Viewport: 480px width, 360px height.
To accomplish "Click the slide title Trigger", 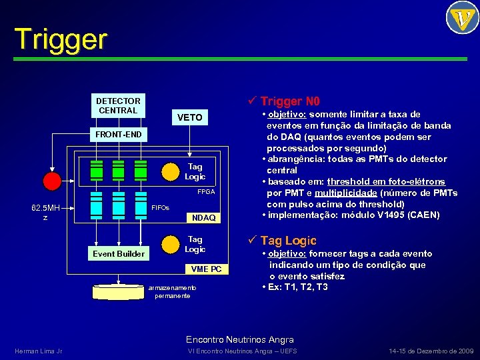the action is (x=60, y=39).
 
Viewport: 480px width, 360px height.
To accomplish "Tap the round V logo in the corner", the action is (x=462, y=18).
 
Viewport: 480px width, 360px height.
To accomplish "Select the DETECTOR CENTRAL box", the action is (x=118, y=105).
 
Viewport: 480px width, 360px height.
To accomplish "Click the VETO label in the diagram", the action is (x=190, y=117).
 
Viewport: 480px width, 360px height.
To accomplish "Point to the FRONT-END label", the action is (x=118, y=135).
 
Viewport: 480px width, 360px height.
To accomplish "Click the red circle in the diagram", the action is (x=51, y=180).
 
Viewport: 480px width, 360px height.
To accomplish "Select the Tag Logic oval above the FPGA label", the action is (x=195, y=171).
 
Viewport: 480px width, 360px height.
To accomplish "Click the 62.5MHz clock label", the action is (x=45, y=212).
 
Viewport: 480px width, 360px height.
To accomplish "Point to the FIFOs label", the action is (x=161, y=208).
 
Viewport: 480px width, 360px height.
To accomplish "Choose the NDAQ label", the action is (x=203, y=218).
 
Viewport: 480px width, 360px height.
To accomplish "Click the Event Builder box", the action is (x=118, y=253).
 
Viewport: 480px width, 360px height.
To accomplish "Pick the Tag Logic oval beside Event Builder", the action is (x=195, y=244).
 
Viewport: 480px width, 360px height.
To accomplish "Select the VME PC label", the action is (x=206, y=269).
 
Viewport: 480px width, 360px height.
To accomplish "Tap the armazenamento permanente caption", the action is (x=172, y=291).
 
